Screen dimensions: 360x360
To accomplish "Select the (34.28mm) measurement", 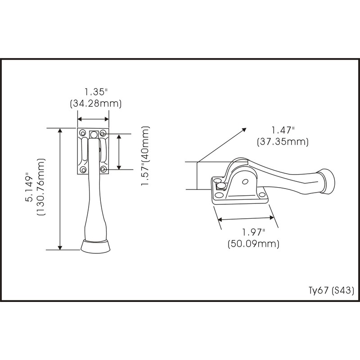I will click(x=96, y=103).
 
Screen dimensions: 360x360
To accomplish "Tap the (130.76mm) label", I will click(x=42, y=188).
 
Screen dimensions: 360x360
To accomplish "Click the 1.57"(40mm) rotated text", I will click(x=145, y=156).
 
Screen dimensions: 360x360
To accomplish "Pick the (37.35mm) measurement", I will click(x=283, y=142).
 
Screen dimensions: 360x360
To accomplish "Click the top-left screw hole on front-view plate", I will click(x=83, y=133).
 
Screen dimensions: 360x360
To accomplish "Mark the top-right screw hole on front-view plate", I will click(x=103, y=134).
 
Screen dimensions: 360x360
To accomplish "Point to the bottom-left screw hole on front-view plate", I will click(x=83, y=170).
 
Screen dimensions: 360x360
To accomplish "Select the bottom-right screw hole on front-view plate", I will click(x=103, y=169).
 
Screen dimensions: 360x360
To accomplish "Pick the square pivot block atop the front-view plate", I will click(x=94, y=134).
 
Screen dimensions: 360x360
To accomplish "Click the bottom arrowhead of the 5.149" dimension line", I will click(x=60, y=247).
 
